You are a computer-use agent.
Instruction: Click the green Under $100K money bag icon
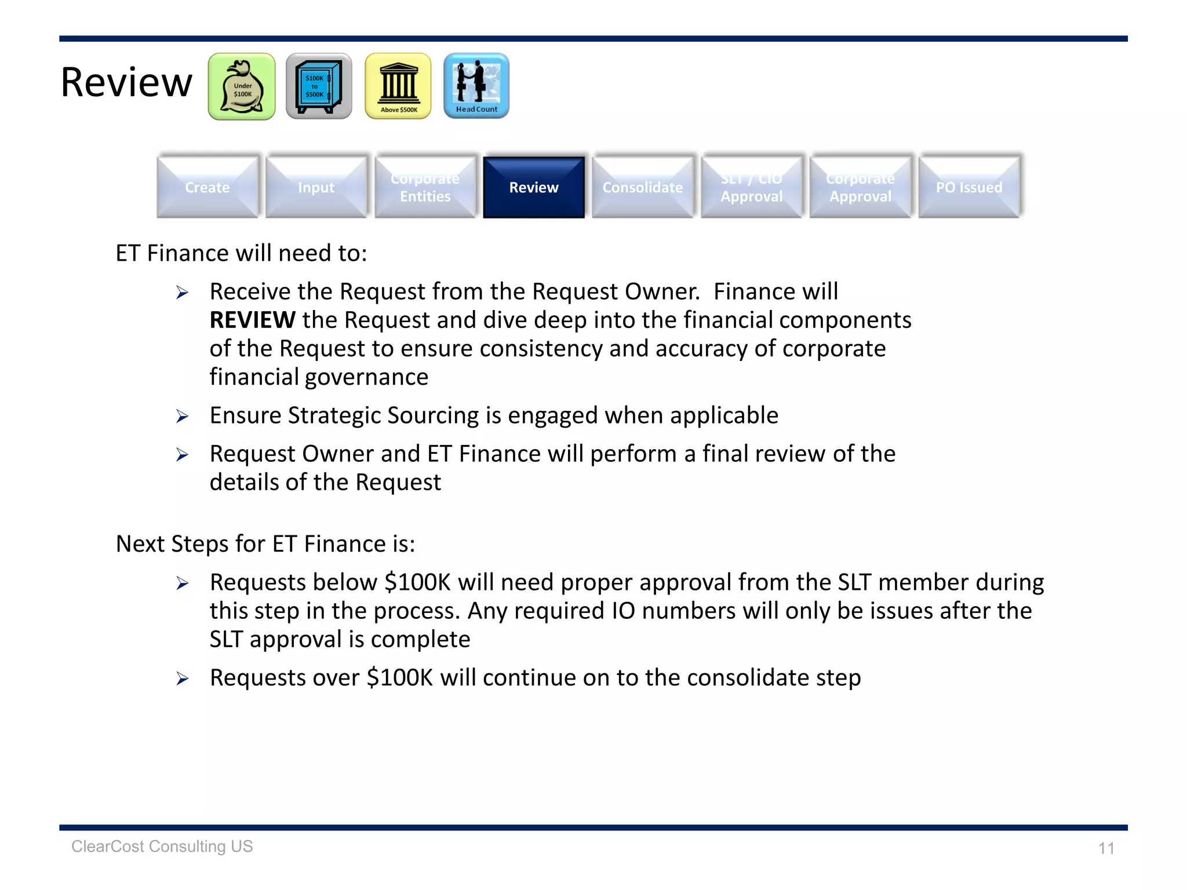point(242,87)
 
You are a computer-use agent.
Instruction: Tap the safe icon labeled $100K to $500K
point(319,87)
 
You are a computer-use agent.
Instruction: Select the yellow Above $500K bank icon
point(398,87)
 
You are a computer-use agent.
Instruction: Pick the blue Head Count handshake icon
point(476,86)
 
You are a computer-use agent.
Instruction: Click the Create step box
point(207,187)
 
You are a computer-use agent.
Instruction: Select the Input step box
point(316,187)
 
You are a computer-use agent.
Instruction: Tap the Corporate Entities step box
point(425,187)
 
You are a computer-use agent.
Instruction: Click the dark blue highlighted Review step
point(534,187)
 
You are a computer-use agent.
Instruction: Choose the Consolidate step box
point(643,187)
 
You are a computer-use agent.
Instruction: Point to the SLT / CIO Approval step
point(752,187)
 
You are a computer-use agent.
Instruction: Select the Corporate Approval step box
point(861,187)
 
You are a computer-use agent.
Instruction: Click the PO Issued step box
point(969,187)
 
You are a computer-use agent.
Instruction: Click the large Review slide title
point(126,82)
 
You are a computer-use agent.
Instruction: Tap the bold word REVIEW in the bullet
point(253,320)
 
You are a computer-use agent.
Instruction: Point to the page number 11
point(1106,848)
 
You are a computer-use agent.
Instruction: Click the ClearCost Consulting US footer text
point(162,847)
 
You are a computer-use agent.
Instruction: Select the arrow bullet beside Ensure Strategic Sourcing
point(183,417)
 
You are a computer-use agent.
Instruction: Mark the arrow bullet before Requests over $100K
point(183,679)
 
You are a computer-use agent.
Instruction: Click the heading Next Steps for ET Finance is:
point(265,544)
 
